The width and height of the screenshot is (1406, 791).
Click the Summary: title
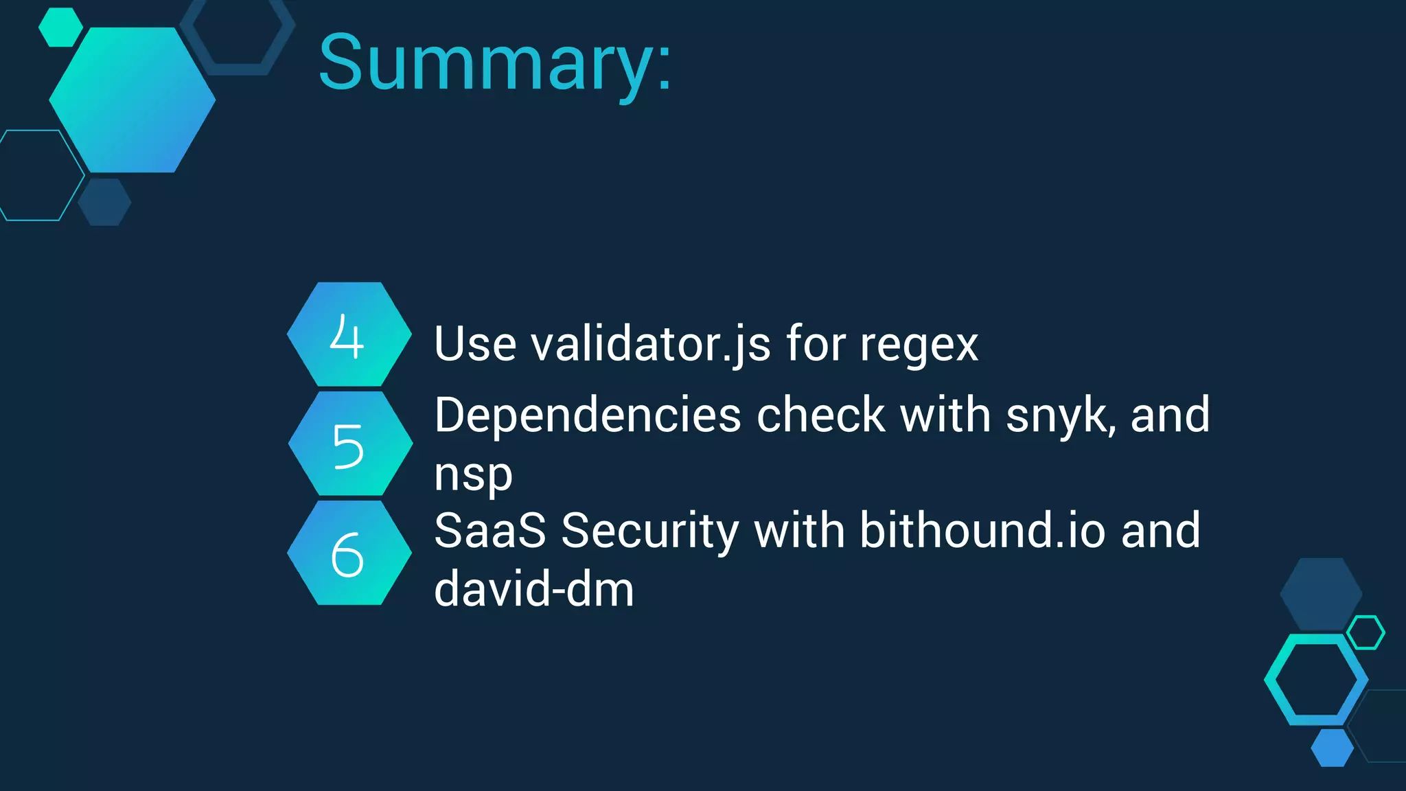[x=494, y=63]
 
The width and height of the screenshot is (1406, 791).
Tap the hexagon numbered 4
[x=349, y=334]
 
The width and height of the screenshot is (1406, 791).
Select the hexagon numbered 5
[x=350, y=444]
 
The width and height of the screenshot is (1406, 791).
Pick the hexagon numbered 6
[x=349, y=553]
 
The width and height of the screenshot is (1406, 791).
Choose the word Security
[x=650, y=532]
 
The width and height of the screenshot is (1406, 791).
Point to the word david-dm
[x=534, y=589]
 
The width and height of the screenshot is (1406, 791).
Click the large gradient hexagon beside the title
[x=132, y=100]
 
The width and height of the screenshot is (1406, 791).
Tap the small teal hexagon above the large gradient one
[x=60, y=27]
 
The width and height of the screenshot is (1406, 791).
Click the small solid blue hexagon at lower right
[x=1332, y=748]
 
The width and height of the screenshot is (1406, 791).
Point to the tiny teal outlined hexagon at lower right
[x=1365, y=632]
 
